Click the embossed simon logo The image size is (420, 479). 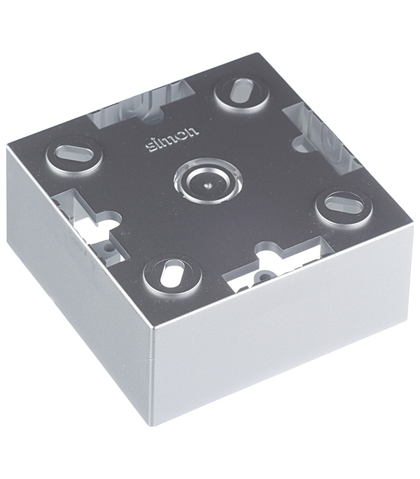tap(172, 139)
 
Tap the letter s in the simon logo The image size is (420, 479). tap(150, 148)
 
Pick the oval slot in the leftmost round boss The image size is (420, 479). tap(75, 152)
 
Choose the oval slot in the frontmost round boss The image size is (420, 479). tap(173, 273)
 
